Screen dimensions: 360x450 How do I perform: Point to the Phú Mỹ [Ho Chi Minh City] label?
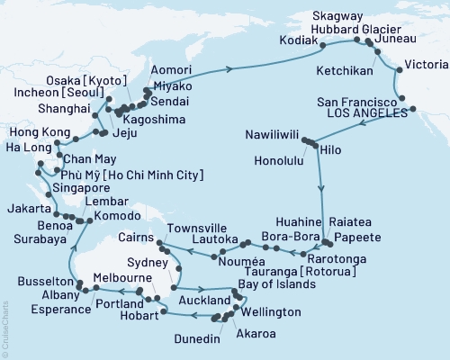(123, 173)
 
